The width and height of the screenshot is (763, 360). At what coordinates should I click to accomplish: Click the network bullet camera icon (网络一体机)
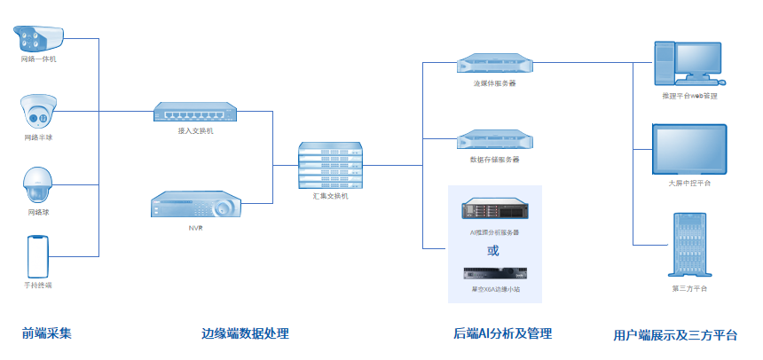pos(40,38)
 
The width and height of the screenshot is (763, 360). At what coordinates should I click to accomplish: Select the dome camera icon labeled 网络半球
pos(39,113)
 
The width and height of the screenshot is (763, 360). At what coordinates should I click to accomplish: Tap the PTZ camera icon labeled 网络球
pos(39,186)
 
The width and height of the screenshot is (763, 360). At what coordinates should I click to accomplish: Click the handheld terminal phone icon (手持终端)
pos(37,257)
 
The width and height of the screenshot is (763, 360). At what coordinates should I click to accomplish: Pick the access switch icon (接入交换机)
pos(195,112)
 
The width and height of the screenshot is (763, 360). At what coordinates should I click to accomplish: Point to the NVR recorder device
pos(195,206)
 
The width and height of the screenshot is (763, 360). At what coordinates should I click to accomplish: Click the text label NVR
pos(195,229)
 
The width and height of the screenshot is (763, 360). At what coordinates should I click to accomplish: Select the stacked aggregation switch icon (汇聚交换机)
pos(331,165)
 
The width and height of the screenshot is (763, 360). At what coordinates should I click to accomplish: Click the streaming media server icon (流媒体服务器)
pos(494,64)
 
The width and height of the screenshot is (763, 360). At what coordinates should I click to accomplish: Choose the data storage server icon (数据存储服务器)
pos(494,140)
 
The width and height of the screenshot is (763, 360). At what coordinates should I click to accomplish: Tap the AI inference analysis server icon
pos(494,211)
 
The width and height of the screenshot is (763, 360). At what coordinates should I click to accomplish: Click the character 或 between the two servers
pos(493,250)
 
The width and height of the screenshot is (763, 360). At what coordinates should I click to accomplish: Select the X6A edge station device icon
pos(494,275)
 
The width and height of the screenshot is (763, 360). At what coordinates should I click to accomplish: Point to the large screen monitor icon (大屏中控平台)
pos(689,149)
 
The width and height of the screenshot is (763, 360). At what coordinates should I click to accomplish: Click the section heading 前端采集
pos(46,333)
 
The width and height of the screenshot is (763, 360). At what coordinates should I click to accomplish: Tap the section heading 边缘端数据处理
pos(246,333)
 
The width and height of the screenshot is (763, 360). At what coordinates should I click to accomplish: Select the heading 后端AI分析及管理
pos(503,333)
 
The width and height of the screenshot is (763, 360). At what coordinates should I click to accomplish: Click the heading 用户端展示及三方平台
pos(675,335)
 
